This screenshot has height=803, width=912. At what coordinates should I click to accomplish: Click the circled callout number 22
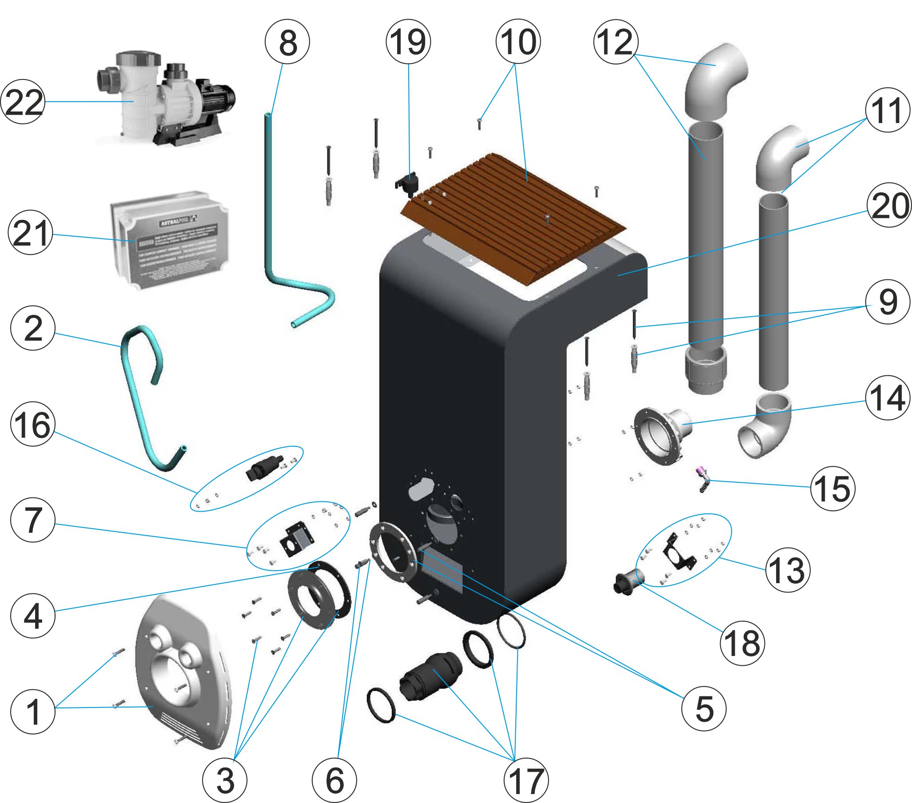pos(23,102)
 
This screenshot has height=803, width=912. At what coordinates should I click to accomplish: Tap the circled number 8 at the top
pos(287,42)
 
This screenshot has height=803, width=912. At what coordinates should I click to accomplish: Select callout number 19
pos(408,42)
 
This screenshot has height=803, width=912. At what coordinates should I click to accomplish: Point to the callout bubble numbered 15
pos(832,489)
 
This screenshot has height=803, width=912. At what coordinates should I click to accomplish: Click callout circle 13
pos(788,570)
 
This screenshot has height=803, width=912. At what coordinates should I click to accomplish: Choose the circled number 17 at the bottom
pos(526,780)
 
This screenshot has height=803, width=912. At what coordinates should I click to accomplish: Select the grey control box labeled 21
pos(170,241)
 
